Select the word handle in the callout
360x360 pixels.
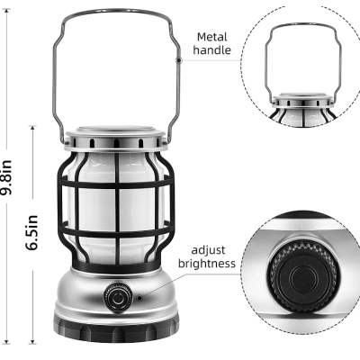click(215, 52)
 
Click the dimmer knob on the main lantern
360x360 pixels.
click(116, 296)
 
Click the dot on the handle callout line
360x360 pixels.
click(180, 59)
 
